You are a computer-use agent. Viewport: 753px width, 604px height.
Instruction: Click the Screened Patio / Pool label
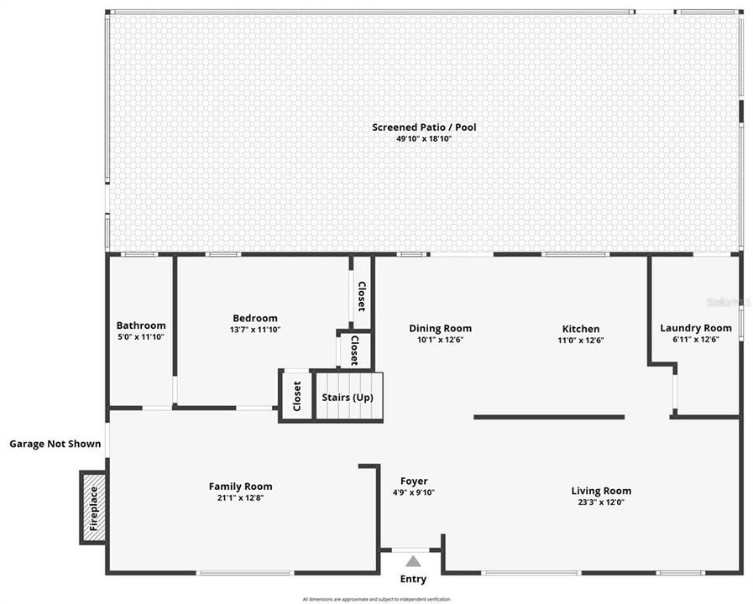pyautogui.click(x=424, y=128)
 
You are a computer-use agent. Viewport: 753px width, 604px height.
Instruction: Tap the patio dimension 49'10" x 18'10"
pyautogui.click(x=424, y=138)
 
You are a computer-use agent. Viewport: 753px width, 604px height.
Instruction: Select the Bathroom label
pyautogui.click(x=141, y=325)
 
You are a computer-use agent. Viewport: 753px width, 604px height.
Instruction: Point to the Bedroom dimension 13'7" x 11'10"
pyautogui.click(x=255, y=330)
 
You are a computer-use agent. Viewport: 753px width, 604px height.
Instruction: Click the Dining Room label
pyautogui.click(x=440, y=328)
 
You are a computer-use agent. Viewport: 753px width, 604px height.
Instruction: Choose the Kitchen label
pyautogui.click(x=581, y=329)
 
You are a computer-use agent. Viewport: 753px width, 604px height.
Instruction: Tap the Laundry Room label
pyautogui.click(x=696, y=328)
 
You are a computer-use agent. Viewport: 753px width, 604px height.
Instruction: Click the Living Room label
pyautogui.click(x=601, y=491)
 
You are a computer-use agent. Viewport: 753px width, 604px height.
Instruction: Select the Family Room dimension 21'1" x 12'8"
pyautogui.click(x=240, y=497)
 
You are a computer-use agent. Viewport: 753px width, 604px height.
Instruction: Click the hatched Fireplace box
pyautogui.click(x=93, y=508)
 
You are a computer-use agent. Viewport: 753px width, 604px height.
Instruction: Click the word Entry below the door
pyautogui.click(x=413, y=579)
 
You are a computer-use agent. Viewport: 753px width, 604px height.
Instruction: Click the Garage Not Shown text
pyautogui.click(x=55, y=444)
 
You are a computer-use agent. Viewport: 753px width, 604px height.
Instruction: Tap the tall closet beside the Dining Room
pyautogui.click(x=361, y=294)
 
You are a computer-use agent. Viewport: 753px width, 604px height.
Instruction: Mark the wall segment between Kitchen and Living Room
pyautogui.click(x=549, y=416)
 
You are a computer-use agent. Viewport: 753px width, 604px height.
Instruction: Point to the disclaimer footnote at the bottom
pyautogui.click(x=376, y=599)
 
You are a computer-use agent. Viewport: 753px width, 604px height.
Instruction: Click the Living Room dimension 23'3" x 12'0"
pyautogui.click(x=601, y=502)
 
